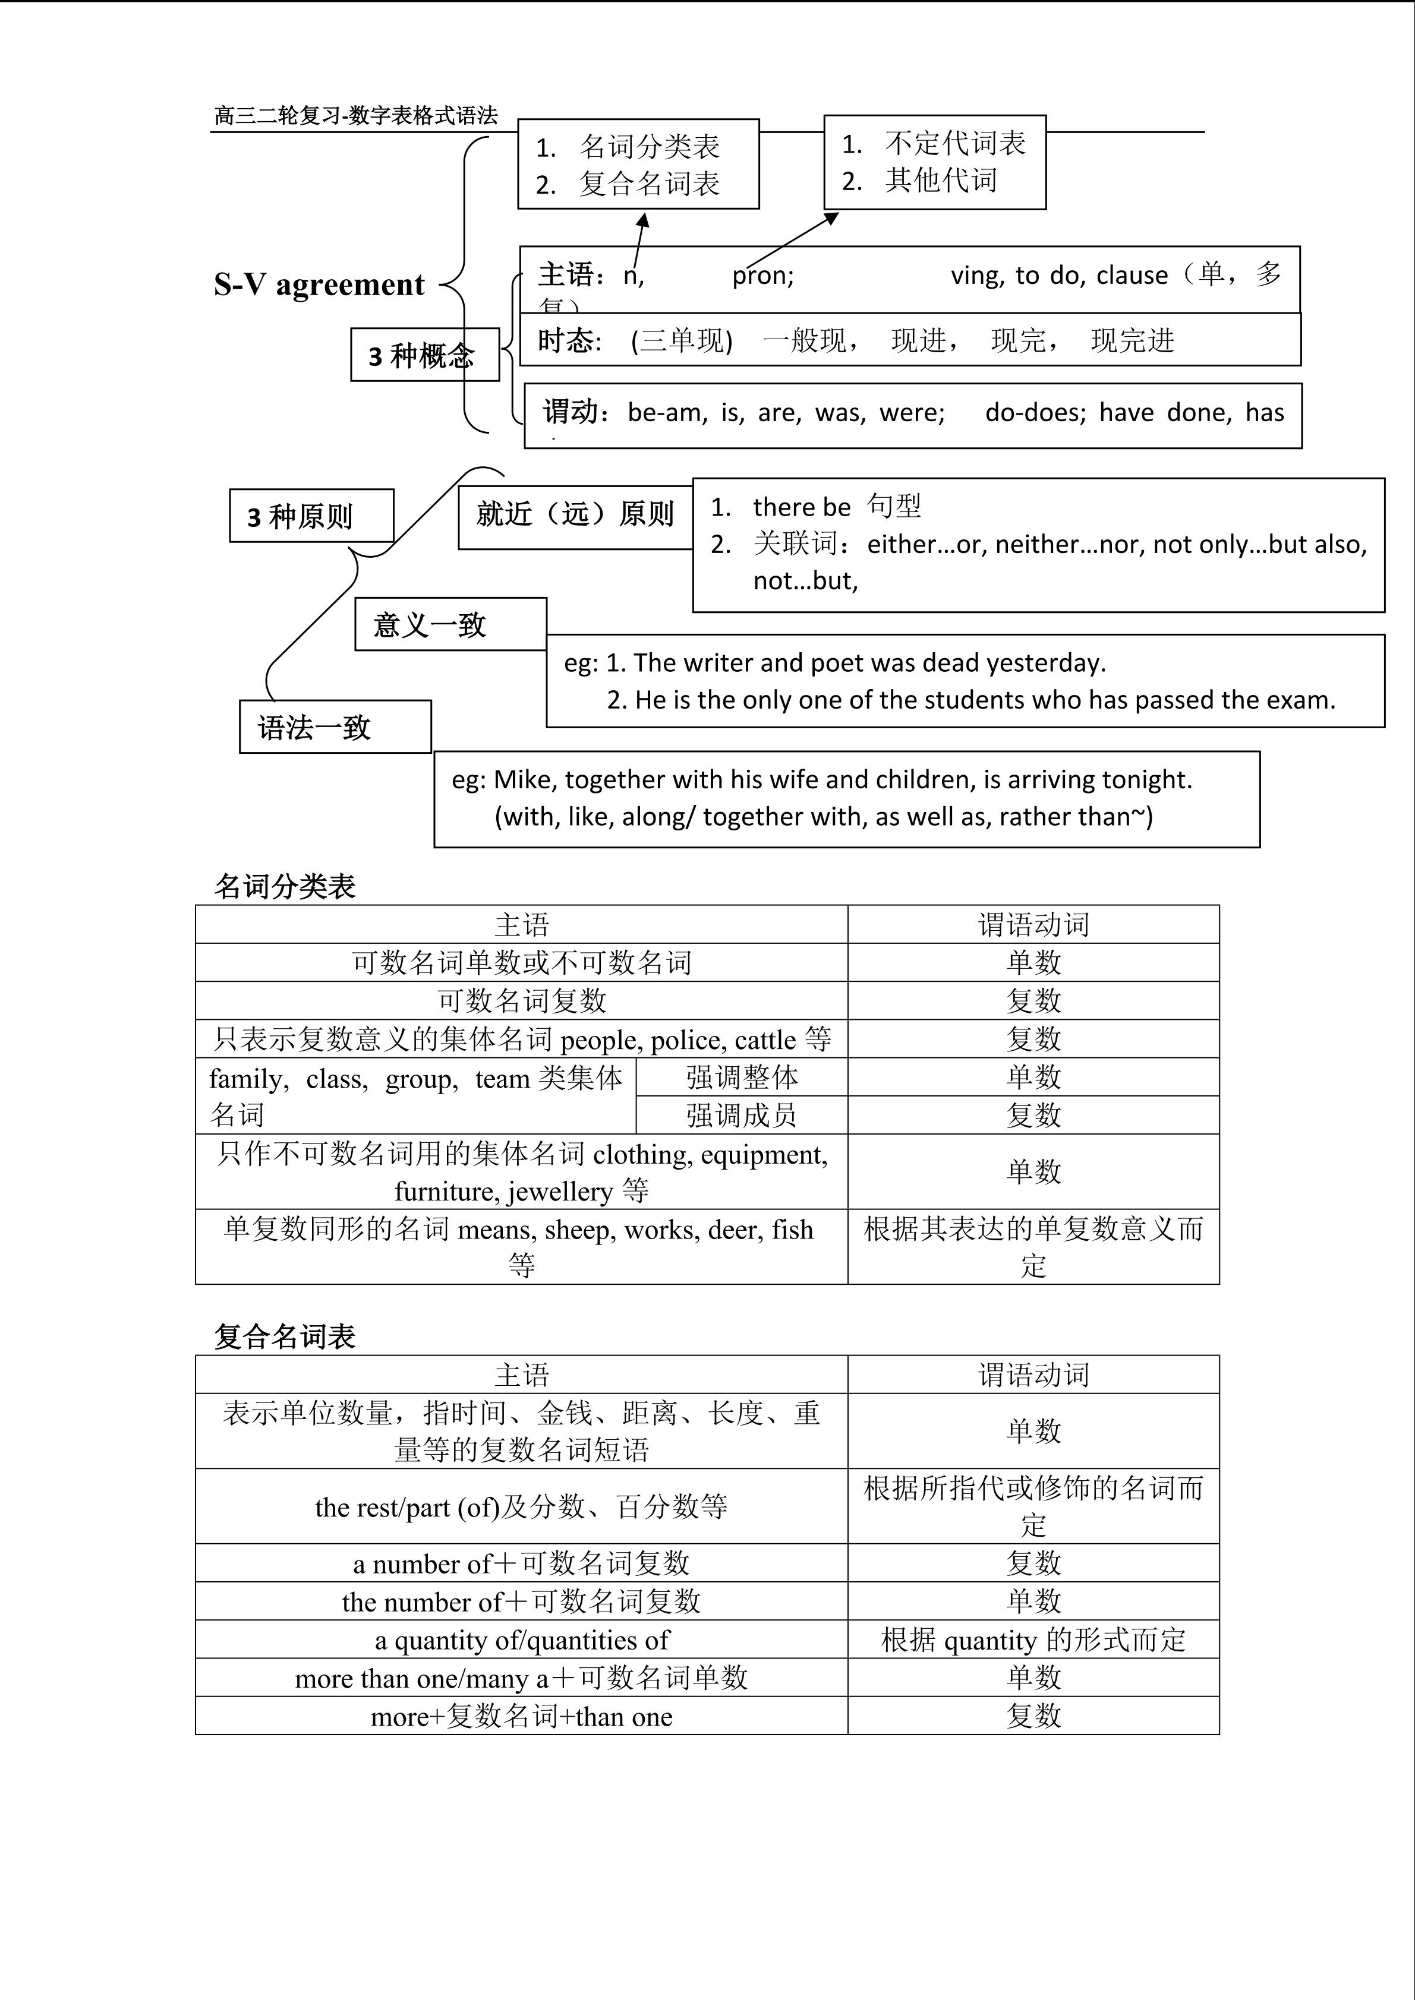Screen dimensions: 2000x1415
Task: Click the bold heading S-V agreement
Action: click(x=319, y=285)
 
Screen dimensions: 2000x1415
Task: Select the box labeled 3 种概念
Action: click(x=424, y=355)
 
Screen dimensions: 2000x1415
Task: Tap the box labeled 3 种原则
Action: click(x=311, y=517)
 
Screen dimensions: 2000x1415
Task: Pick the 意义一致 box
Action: click(x=450, y=624)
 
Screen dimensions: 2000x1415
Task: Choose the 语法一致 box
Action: click(x=335, y=727)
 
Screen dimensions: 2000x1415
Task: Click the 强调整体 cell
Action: click(x=742, y=1078)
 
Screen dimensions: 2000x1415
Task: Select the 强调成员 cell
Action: click(x=742, y=1115)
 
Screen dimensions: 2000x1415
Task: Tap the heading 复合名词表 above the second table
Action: click(x=285, y=1337)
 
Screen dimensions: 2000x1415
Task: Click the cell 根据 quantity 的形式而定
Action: click(x=1033, y=1640)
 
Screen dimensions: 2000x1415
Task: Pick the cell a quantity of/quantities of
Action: click(x=521, y=1640)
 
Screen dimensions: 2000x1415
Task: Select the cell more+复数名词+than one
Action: click(x=521, y=1717)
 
